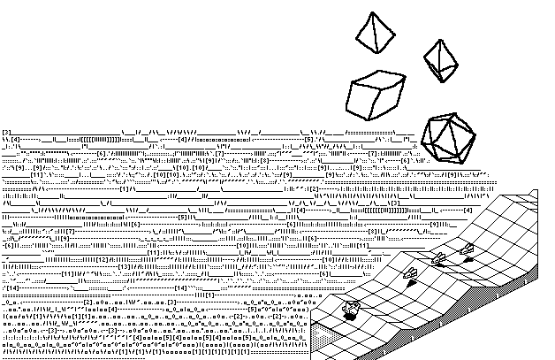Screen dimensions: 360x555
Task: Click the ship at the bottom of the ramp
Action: (351, 307)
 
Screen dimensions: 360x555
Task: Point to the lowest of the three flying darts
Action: (409, 272)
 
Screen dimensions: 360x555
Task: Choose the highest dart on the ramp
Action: (467, 249)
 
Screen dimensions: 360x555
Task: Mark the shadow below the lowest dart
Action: (411, 281)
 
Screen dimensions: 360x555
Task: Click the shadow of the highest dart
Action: (468, 258)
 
